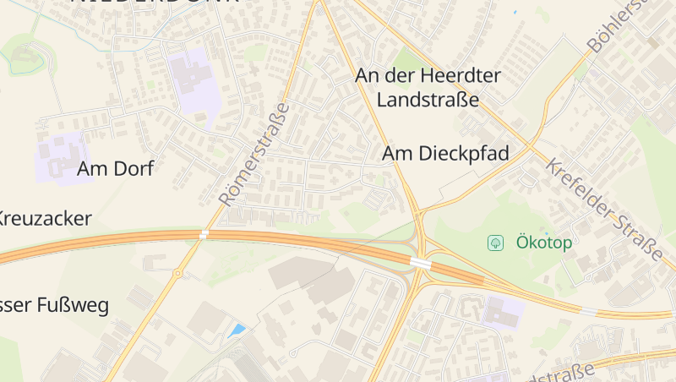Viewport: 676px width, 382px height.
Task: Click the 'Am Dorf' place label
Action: (x=115, y=168)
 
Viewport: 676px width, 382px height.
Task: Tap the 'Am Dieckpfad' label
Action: (x=445, y=153)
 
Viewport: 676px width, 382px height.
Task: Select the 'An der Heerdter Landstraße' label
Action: (x=428, y=88)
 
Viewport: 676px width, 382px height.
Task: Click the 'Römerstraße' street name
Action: (x=254, y=155)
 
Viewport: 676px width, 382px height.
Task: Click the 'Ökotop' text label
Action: (x=544, y=243)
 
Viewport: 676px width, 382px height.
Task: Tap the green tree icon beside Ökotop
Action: (x=495, y=243)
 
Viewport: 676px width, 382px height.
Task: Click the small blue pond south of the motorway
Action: (x=237, y=330)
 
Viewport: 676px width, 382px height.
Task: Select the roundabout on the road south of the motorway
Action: (x=177, y=273)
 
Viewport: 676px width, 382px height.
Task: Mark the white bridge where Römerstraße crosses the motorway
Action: (x=204, y=233)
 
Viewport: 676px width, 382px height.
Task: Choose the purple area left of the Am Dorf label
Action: (x=59, y=157)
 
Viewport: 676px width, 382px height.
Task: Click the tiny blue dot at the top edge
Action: (x=515, y=13)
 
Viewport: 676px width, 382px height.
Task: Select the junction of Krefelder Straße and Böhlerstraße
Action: (x=533, y=145)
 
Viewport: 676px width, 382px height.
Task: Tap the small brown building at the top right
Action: (x=652, y=41)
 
